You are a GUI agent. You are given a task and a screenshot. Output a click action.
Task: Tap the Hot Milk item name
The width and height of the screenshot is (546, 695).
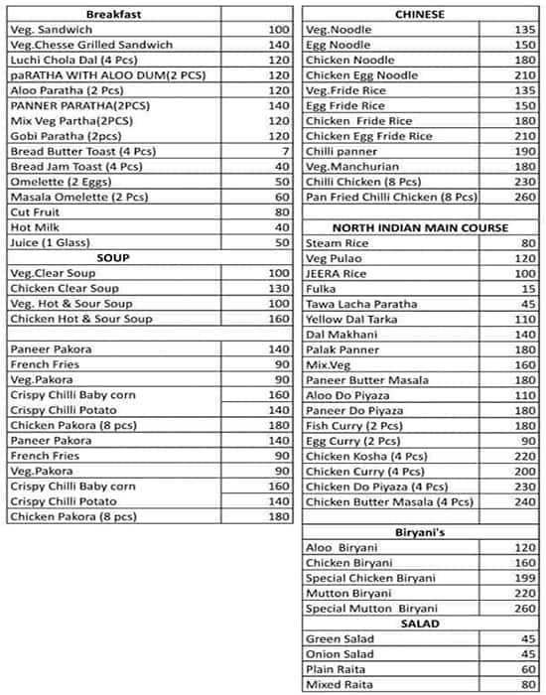pyautogui.click(x=34, y=227)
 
